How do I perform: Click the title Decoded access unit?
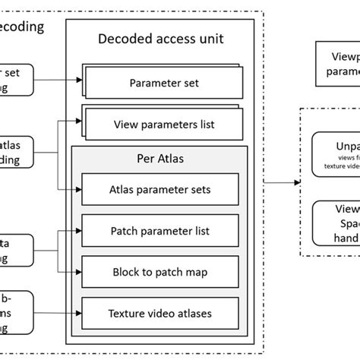point(155,39)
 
